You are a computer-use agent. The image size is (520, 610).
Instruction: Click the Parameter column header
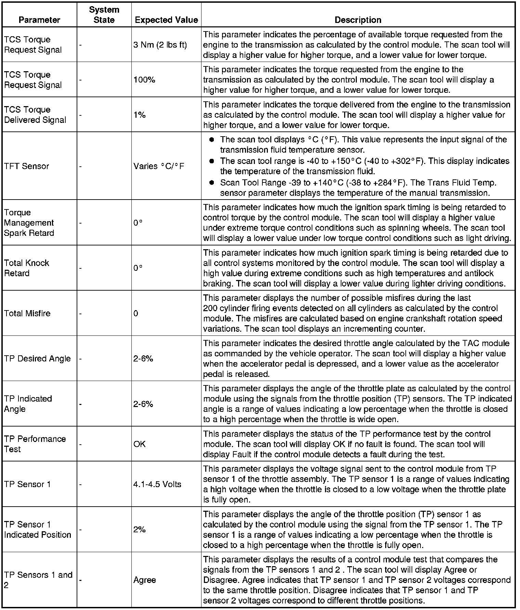pyautogui.click(x=39, y=20)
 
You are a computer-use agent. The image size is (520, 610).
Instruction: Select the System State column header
pyautogui.click(x=104, y=15)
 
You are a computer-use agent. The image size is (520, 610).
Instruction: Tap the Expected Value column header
pyautogui.click(x=166, y=20)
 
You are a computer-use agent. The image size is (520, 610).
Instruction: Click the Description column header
pyautogui.click(x=358, y=20)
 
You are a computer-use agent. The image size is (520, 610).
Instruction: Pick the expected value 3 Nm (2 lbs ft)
pyautogui.click(x=160, y=45)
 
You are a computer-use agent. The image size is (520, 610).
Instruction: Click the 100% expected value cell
pyautogui.click(x=144, y=80)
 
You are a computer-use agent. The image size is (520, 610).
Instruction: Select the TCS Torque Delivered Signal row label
pyautogui.click(x=35, y=115)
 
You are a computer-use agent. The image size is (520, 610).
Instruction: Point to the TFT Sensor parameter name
pyautogui.click(x=27, y=166)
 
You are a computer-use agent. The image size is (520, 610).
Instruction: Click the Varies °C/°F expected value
pyautogui.click(x=159, y=166)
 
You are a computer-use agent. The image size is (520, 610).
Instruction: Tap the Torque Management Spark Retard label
pyautogui.click(x=29, y=223)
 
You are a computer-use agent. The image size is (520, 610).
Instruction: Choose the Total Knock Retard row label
pyautogui.click(x=27, y=268)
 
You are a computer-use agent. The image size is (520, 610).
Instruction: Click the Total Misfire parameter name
pyautogui.click(x=27, y=314)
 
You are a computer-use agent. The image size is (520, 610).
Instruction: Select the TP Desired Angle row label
pyautogui.click(x=37, y=359)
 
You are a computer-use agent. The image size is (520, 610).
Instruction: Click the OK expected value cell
pyautogui.click(x=140, y=444)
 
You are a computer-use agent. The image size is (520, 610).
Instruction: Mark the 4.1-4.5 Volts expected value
pyautogui.click(x=157, y=484)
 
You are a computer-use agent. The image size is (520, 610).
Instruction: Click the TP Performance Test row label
pyautogui.click(x=35, y=444)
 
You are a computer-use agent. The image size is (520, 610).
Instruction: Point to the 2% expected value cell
pyautogui.click(x=140, y=530)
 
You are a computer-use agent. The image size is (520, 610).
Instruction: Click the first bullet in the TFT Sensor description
pyautogui.click(x=212, y=140)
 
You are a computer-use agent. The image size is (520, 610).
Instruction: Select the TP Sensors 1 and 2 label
pyautogui.click(x=38, y=580)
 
